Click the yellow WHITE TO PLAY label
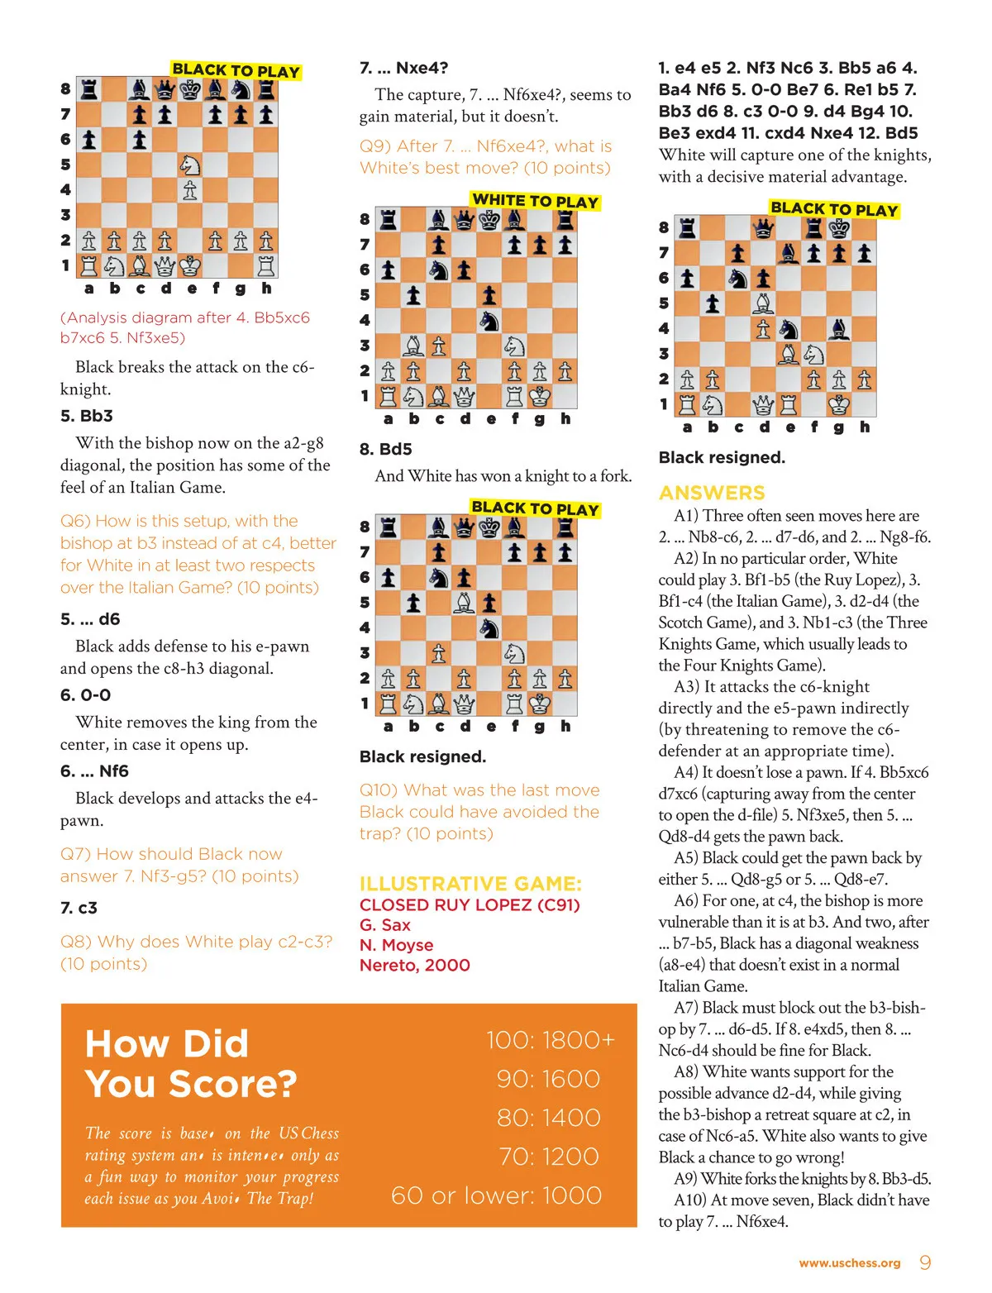(535, 201)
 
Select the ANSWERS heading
(712, 493)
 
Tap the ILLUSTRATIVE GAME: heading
(470, 883)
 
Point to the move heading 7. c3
(79, 908)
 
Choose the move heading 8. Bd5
(385, 449)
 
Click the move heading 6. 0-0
(85, 695)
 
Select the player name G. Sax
(385, 925)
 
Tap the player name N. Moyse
(397, 945)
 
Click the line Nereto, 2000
(415, 965)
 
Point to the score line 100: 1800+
(551, 1040)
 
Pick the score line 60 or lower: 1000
(496, 1195)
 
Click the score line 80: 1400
(549, 1118)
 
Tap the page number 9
(925, 1262)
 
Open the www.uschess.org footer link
(850, 1263)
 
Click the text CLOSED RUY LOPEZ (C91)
(470, 904)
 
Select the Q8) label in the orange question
(76, 942)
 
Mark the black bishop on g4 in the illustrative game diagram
(839, 329)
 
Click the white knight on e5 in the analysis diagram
(189, 165)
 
